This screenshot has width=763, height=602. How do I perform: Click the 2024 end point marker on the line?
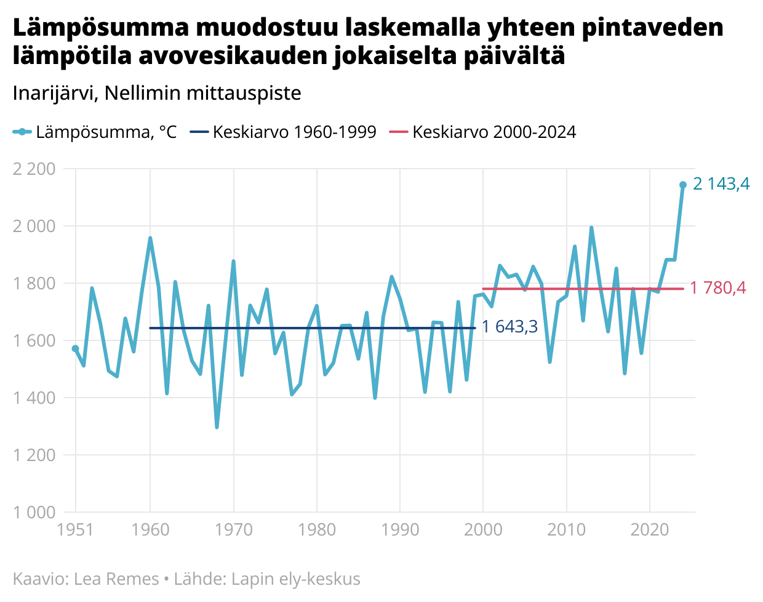tap(682, 185)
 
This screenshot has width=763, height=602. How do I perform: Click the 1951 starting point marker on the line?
tap(75, 348)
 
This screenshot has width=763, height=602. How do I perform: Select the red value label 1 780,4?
tap(717, 287)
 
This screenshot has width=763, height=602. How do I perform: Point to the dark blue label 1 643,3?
tap(509, 326)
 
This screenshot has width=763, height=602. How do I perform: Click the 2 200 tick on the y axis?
tap(34, 169)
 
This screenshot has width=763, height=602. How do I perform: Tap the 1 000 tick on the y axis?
tap(34, 512)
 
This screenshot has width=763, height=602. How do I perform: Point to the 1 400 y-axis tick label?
tap(34, 398)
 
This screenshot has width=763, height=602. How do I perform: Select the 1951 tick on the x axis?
tap(75, 529)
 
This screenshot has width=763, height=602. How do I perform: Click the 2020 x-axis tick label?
tap(649, 529)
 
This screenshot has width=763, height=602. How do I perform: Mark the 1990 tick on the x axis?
tap(400, 529)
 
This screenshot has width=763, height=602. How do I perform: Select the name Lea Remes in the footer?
tap(116, 579)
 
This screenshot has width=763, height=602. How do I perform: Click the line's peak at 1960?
tap(150, 238)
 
